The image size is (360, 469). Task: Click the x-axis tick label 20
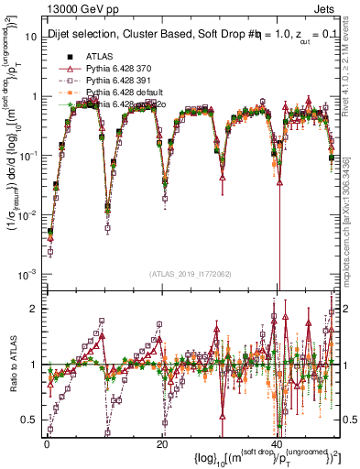[x=162, y=442]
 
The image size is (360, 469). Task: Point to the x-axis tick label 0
[x=47, y=442]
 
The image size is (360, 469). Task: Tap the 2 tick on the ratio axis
[x=35, y=308]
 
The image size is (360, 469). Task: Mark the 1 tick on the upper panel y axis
[x=35, y=96]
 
